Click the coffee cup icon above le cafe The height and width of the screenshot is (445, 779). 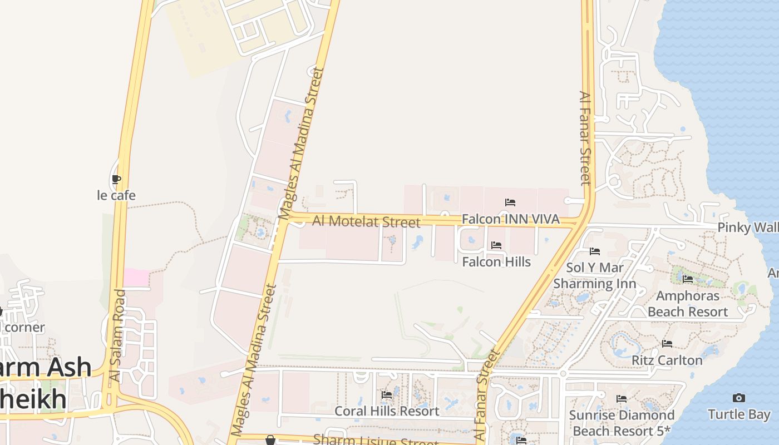tap(116, 179)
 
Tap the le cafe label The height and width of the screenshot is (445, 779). tap(116, 195)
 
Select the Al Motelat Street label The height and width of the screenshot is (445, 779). tap(366, 221)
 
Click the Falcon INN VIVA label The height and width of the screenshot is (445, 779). tap(510, 219)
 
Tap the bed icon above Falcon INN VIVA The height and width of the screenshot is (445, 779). tap(510, 202)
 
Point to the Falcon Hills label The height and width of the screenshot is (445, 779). tap(496, 261)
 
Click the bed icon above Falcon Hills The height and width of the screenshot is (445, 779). tap(496, 245)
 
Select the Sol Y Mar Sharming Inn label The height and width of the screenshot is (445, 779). tap(595, 275)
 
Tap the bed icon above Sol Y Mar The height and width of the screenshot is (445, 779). tap(595, 251)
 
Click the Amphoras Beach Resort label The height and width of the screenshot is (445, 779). tap(688, 303)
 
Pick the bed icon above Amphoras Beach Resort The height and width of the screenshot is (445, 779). tap(688, 279)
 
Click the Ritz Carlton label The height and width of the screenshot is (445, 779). tap(667, 360)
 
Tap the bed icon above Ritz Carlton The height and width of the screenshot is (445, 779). tap(667, 344)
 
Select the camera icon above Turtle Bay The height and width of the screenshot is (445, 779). tap(739, 398)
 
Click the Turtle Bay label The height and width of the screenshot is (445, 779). tap(739, 414)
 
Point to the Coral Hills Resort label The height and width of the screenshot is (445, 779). tap(387, 411)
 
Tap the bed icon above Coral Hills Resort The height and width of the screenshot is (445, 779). tap(387, 395)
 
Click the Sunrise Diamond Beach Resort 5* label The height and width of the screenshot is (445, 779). tap(622, 423)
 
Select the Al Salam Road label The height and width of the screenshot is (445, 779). tap(117, 335)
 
